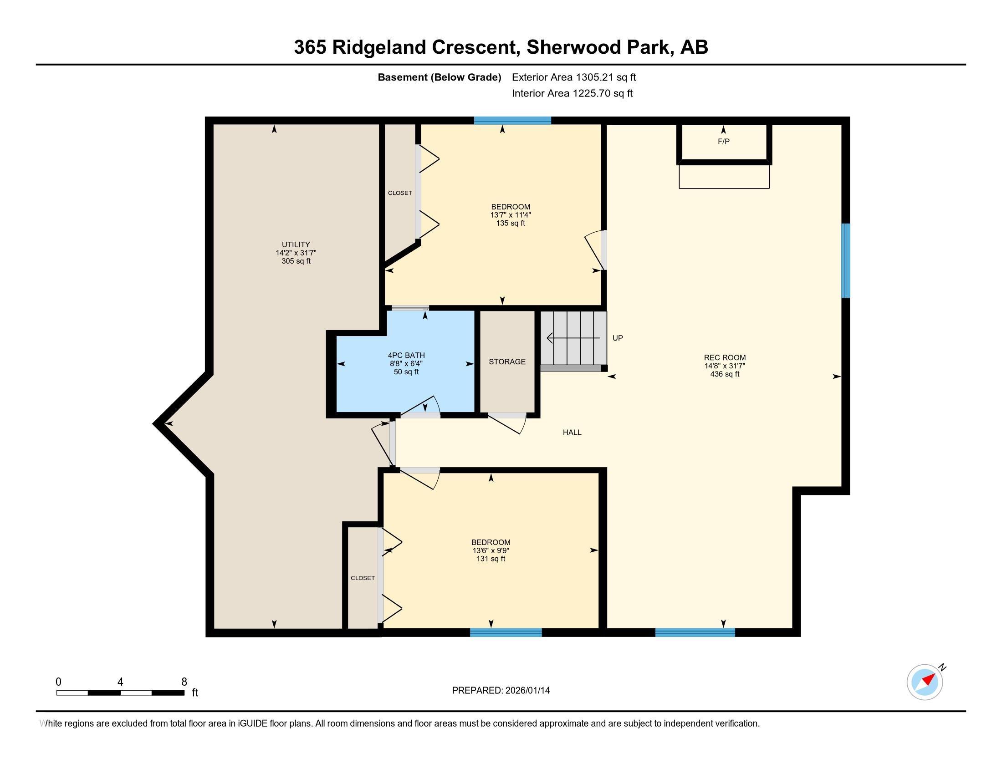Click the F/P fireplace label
coord(724,142)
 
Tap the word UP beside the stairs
coord(618,338)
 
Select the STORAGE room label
coord(507,362)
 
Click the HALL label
coord(572,433)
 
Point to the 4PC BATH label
coord(406,356)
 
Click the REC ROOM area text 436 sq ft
coord(725,374)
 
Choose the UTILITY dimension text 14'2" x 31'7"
coord(296,253)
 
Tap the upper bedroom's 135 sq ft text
coord(511,223)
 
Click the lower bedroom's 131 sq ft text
coord(491,559)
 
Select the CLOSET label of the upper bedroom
coord(400,193)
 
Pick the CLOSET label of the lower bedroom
coord(363,578)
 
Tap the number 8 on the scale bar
coord(184,682)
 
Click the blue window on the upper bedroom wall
coord(512,121)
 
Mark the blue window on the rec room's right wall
coord(846,260)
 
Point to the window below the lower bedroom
coord(506,633)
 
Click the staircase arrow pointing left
coord(573,338)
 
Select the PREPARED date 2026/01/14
coord(527,691)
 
